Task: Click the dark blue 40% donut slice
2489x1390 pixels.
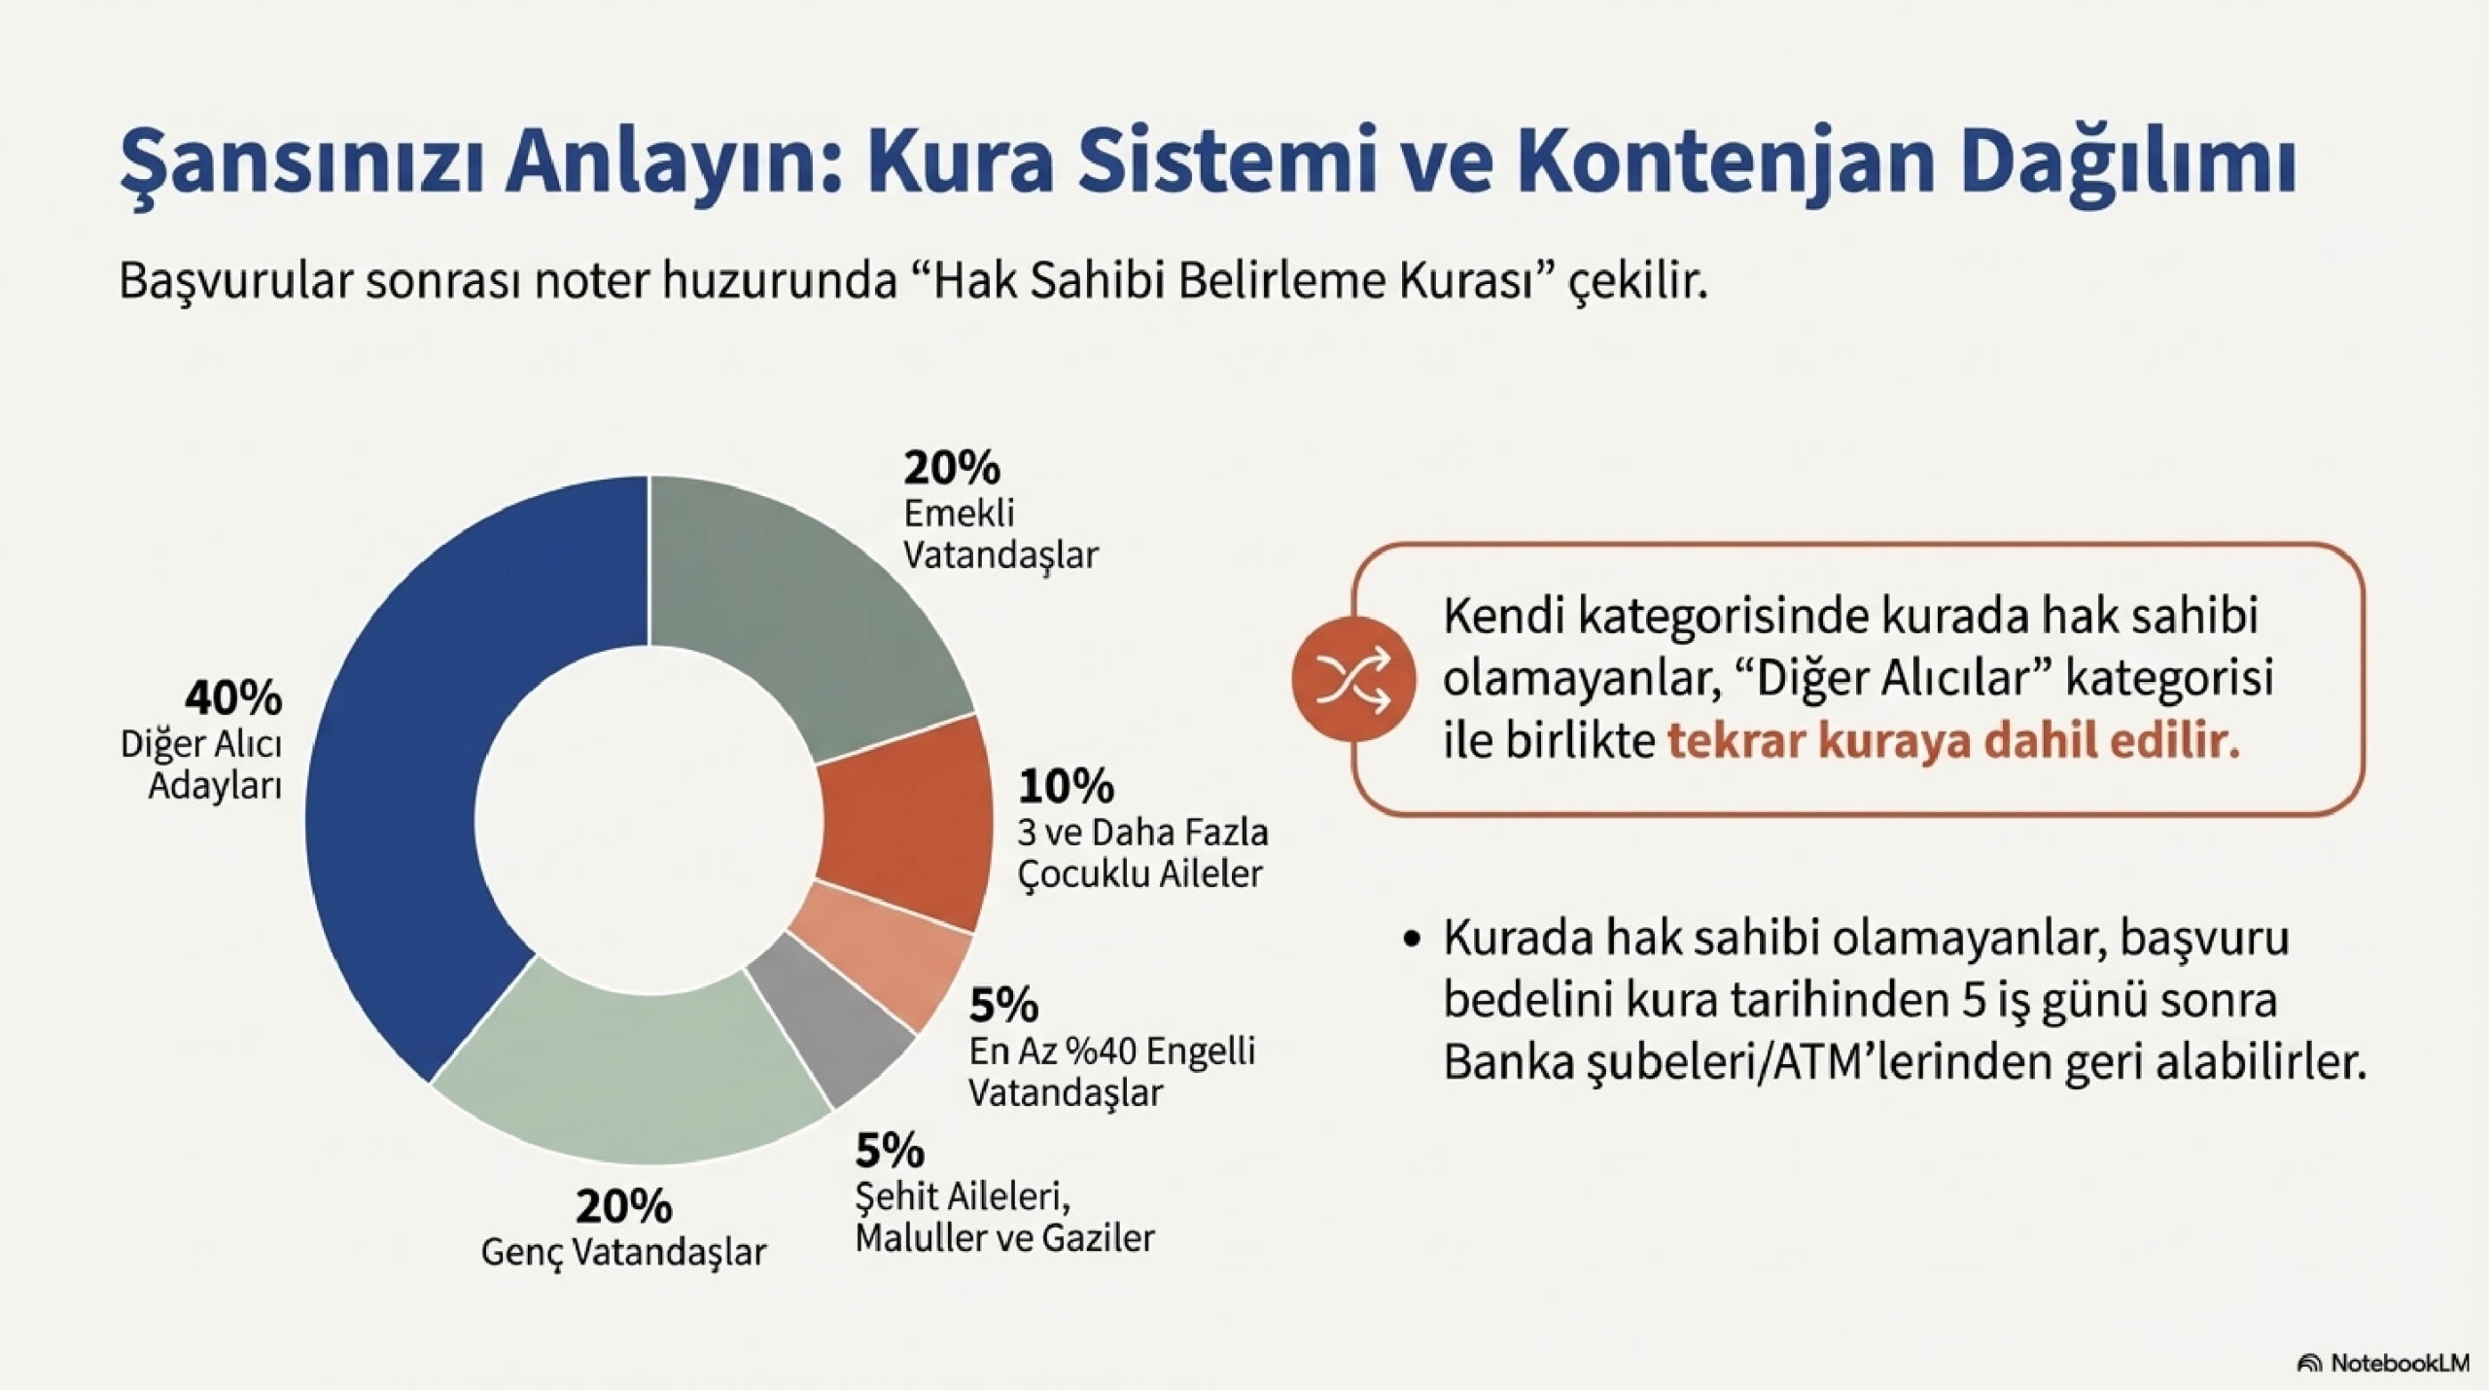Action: pyautogui.click(x=408, y=778)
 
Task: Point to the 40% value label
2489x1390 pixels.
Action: pyautogui.click(x=233, y=697)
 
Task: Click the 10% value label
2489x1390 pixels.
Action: pyautogui.click(x=1066, y=786)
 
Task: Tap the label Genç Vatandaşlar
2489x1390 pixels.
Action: pyautogui.click(x=623, y=1252)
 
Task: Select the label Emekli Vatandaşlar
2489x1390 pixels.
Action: pyautogui.click(x=999, y=534)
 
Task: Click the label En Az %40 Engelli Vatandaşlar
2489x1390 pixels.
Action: pyautogui.click(x=1111, y=1071)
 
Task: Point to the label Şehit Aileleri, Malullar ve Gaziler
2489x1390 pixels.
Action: pyautogui.click(x=1004, y=1217)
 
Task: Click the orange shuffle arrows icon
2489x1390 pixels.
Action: pyautogui.click(x=1352, y=678)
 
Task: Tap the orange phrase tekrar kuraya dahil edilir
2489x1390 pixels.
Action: pyautogui.click(x=1953, y=741)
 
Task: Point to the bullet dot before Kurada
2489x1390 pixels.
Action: pyautogui.click(x=1414, y=940)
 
